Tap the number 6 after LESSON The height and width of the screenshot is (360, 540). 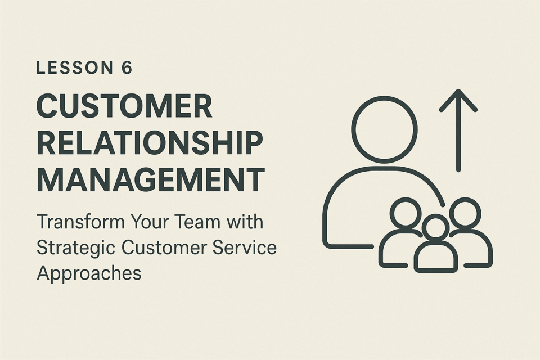127,67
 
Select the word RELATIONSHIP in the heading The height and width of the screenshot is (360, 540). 150,143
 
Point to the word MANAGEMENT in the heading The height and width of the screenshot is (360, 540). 151,179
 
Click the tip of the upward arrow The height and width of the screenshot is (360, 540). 458,90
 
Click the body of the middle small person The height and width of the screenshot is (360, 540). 436,241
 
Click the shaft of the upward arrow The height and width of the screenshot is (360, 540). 458,130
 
